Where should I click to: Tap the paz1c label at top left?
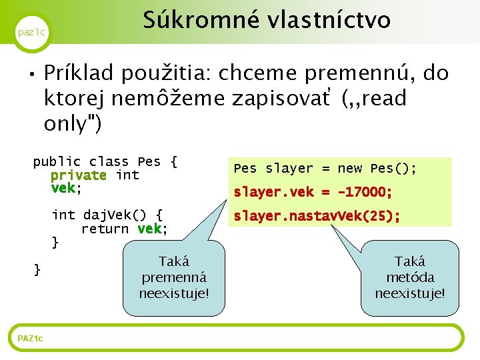(x=31, y=32)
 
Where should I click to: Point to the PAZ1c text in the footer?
(x=30, y=339)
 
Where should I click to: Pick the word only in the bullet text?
(x=67, y=124)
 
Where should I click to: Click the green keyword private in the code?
(x=78, y=175)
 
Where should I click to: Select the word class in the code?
(x=109, y=161)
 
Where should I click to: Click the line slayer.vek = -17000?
(x=312, y=192)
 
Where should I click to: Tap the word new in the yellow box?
(x=349, y=169)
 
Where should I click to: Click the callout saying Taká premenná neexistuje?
(x=173, y=277)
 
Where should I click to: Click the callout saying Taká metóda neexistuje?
(x=409, y=277)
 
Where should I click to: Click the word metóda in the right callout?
(x=410, y=277)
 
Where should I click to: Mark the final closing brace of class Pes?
(x=37, y=269)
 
